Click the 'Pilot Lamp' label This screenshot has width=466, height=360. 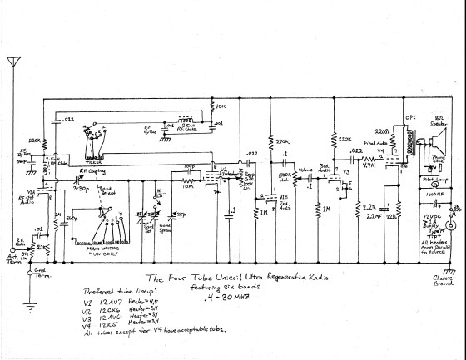434,177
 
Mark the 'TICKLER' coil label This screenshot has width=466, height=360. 92,161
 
